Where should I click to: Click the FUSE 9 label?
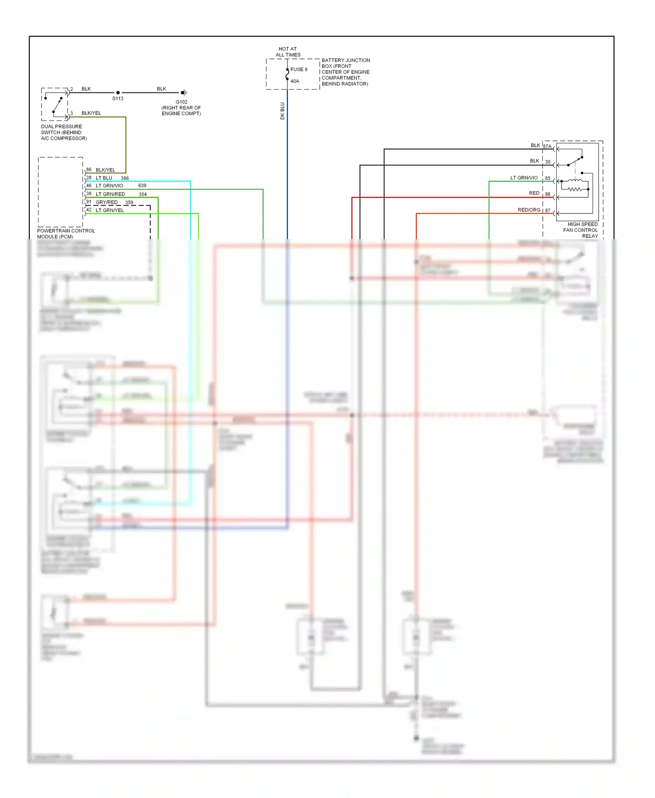coord(299,69)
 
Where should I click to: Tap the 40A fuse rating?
coord(295,81)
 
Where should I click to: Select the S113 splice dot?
coord(118,93)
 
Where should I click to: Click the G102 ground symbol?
coord(184,93)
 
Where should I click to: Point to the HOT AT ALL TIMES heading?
coord(288,52)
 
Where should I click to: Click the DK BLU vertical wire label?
coord(282,111)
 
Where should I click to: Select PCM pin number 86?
coord(89,169)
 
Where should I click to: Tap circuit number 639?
coord(142,186)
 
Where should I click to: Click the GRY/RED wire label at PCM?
coord(107,202)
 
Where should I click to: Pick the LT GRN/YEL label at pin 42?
coord(110,210)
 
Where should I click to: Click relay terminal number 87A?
coord(547,146)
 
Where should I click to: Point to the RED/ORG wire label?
coord(529,210)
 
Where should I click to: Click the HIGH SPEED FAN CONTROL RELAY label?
coord(581,230)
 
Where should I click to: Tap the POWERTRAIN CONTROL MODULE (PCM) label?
coord(65,234)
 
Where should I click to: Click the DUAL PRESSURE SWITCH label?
coord(64,132)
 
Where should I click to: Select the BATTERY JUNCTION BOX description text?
coord(345,72)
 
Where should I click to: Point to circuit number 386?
coord(125,178)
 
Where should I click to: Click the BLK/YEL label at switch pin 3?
coord(91,113)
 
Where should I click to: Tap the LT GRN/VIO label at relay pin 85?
coord(524,178)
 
